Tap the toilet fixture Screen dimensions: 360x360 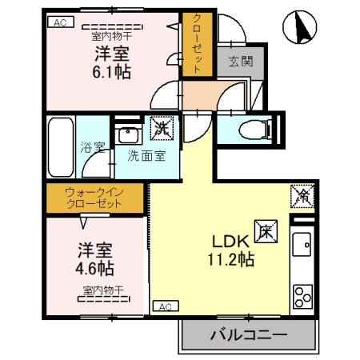(x=255, y=128)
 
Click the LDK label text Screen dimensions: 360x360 (x=228, y=241)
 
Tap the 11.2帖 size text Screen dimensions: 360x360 (x=228, y=258)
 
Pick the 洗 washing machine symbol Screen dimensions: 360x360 (x=161, y=127)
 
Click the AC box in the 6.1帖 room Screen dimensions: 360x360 (x=59, y=23)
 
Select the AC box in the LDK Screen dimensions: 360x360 (x=162, y=306)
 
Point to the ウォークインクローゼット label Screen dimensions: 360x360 (x=94, y=198)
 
